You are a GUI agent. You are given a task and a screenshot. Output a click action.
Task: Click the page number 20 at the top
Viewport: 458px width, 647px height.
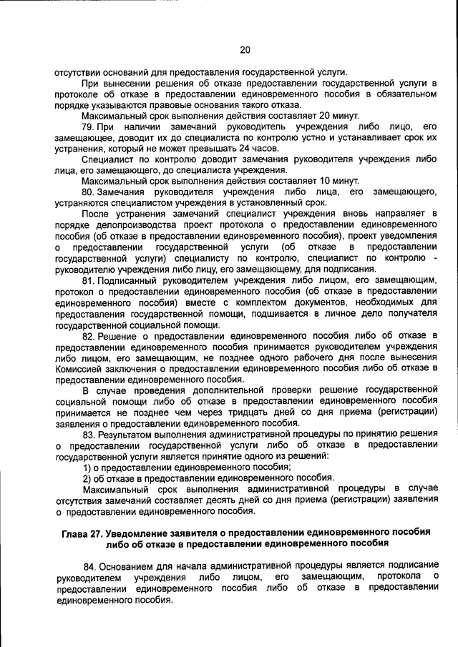pos(245,49)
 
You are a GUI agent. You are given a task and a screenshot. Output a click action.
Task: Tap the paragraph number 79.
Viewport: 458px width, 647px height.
pos(89,127)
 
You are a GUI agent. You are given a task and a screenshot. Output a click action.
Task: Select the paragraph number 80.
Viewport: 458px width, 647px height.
pos(89,192)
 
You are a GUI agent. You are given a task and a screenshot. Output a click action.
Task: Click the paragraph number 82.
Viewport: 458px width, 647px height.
pos(89,335)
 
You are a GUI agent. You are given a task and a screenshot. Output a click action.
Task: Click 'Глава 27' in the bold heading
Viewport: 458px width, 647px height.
pos(82,533)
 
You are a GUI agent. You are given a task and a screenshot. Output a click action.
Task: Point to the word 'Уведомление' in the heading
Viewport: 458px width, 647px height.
pos(143,533)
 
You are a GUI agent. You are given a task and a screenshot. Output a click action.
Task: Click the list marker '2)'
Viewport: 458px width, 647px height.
pos(87,478)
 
